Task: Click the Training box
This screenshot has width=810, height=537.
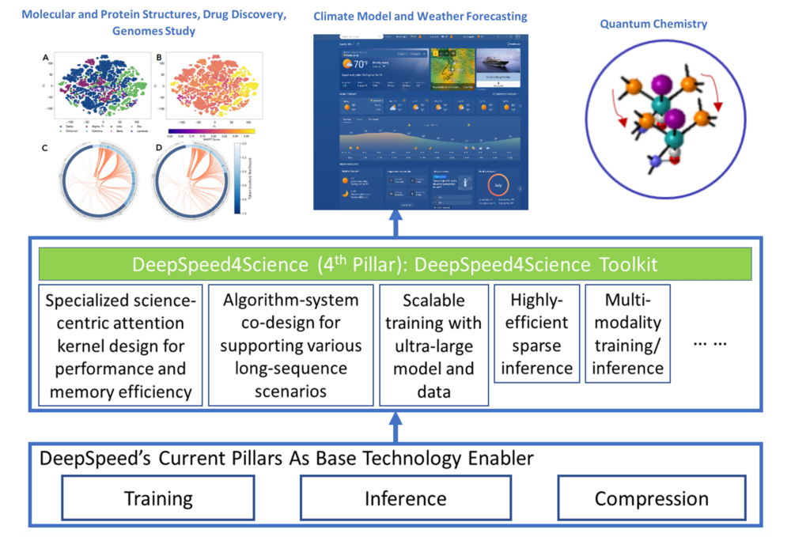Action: (x=158, y=498)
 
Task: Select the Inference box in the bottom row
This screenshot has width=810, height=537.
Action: (x=405, y=498)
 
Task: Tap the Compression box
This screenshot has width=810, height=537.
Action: (x=651, y=498)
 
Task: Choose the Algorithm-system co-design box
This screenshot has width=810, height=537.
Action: (x=290, y=345)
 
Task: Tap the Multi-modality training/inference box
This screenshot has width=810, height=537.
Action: (x=627, y=334)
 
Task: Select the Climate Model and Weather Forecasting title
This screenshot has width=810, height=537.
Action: (x=420, y=17)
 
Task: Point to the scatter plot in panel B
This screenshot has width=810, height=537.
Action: (x=209, y=87)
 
